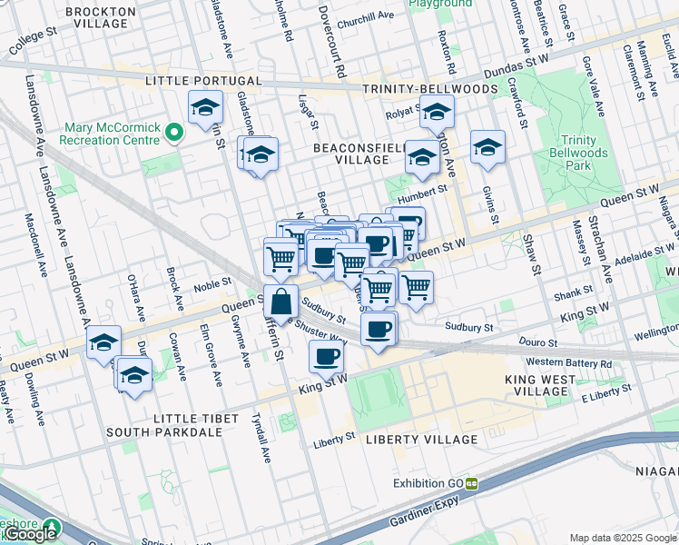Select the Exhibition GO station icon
pos(472,483)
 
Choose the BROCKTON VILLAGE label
pos(101,18)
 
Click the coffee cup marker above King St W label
pos(327,357)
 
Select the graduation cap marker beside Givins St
pos(487,147)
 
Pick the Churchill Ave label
pos(365,15)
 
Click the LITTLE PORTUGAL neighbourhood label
pos(204,81)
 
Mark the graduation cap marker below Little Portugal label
pos(205,107)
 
